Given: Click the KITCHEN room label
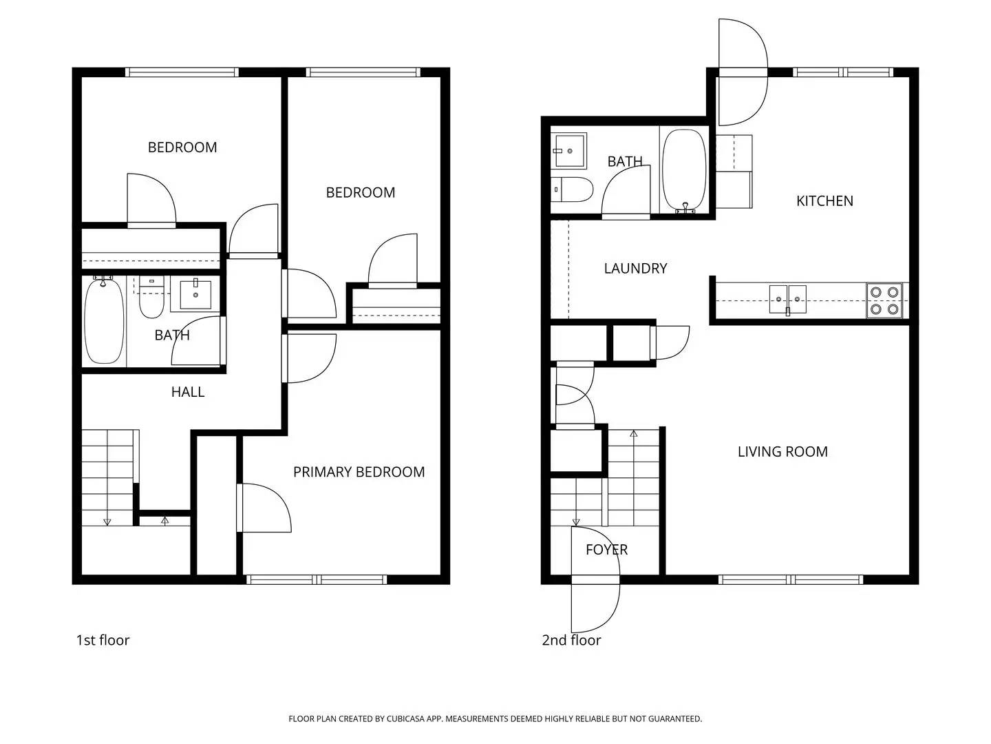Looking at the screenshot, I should click(824, 201).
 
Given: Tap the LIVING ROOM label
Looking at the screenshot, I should click(782, 452).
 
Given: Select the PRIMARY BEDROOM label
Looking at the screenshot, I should click(359, 472).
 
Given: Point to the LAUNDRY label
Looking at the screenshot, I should click(635, 269).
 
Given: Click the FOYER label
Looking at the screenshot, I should click(606, 550).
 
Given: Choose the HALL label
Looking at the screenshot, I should click(188, 392).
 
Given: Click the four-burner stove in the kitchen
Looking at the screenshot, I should click(884, 300).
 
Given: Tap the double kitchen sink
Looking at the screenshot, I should click(788, 299).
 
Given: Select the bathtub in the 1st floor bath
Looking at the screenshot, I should click(104, 321).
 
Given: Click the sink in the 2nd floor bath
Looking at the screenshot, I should click(569, 150).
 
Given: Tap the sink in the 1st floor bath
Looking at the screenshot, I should click(195, 295).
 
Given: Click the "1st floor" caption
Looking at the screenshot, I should click(103, 640).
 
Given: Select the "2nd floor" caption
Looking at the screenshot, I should click(571, 640).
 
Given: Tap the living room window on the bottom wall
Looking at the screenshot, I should click(790, 579).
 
